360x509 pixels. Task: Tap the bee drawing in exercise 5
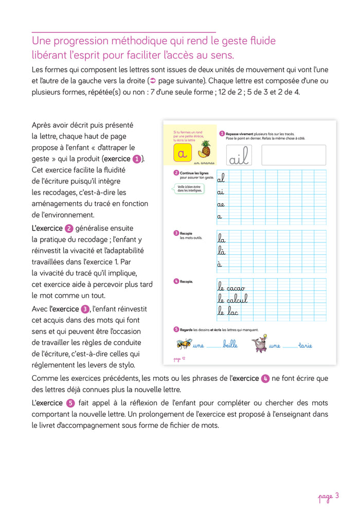click(184, 344)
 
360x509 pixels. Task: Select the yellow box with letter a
click(182, 153)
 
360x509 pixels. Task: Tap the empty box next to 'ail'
click(293, 155)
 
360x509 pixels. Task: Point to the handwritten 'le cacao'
click(231, 287)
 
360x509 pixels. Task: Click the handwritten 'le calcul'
click(232, 299)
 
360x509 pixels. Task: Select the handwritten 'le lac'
click(228, 311)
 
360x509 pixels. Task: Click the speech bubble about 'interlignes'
click(188, 189)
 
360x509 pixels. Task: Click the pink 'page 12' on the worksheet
click(179, 359)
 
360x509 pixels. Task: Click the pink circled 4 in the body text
click(265, 378)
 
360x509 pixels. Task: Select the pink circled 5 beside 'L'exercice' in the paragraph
click(71, 403)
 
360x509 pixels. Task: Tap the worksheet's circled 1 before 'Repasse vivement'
click(222, 134)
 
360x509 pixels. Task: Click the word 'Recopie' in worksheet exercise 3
click(186, 233)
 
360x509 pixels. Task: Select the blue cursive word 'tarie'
click(305, 345)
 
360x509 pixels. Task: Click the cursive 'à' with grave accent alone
click(220, 264)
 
